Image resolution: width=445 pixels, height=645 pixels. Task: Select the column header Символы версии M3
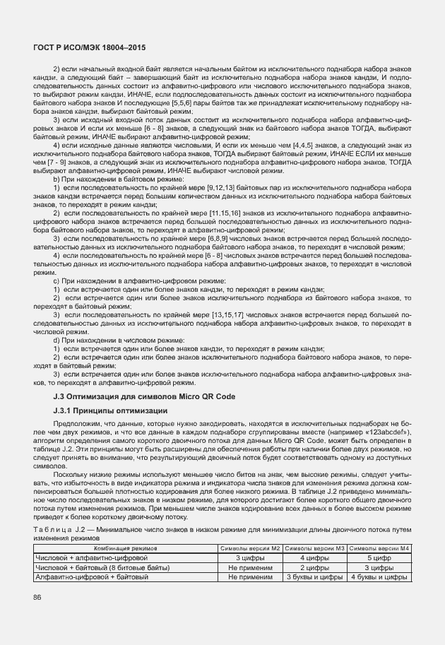pos(316,548)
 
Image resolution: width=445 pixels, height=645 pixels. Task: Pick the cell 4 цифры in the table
pos(316,557)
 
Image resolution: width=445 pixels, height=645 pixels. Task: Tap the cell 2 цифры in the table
pos(316,567)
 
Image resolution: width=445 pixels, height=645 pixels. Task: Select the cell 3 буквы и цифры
pos(316,577)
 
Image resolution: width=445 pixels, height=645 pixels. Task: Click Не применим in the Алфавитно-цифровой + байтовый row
pos(250,577)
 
